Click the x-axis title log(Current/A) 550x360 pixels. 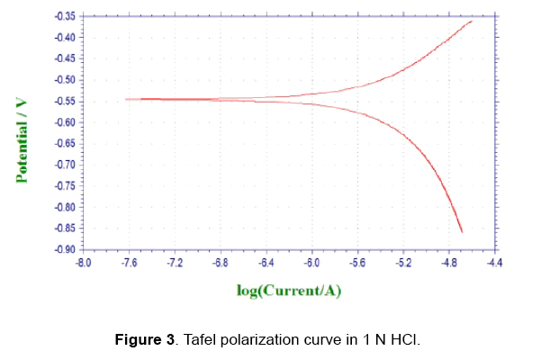click(x=288, y=291)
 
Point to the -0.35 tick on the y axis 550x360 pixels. click(x=66, y=17)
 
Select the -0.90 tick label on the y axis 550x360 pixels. click(x=66, y=249)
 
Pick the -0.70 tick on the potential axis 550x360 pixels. click(x=66, y=165)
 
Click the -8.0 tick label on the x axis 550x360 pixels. click(x=82, y=264)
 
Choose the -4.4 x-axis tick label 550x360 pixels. click(x=494, y=264)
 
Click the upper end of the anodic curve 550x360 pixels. click(x=472, y=21)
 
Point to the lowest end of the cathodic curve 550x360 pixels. click(x=462, y=232)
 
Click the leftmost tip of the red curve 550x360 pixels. click(x=125, y=99)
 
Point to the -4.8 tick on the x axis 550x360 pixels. click(x=448, y=264)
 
